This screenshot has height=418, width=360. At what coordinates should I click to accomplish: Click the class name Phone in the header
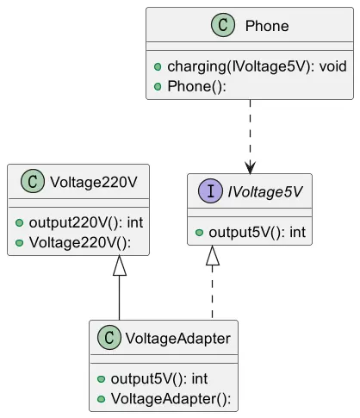pos(267,26)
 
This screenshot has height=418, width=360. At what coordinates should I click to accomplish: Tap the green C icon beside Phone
pos(223,25)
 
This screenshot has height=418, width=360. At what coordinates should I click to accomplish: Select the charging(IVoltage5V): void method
pos(257,66)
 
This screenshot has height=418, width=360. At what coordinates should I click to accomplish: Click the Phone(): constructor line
pos(196,86)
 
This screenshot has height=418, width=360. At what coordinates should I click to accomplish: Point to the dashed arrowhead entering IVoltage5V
pos(250,168)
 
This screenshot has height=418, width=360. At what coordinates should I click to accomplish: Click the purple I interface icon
pos(211,190)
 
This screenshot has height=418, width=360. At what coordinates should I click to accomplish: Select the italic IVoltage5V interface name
pos(265,191)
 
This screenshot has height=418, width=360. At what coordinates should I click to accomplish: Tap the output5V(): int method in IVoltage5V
pos(257,233)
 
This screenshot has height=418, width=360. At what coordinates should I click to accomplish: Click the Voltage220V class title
pos(94,182)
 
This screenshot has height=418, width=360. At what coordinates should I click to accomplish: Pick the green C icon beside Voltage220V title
pos(33,181)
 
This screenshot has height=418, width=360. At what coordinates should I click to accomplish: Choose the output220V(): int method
pos(86,222)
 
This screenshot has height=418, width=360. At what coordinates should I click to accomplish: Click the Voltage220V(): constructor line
pos(80,242)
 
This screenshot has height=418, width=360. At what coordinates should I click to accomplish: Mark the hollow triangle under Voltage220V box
pos(120,265)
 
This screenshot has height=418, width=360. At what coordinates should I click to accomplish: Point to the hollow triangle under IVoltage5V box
pos(213,255)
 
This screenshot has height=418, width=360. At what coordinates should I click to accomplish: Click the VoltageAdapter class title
pos(177,338)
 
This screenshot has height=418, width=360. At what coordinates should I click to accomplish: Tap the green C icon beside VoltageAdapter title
pos(109,337)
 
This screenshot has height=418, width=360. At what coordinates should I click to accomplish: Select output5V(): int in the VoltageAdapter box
pos(159,378)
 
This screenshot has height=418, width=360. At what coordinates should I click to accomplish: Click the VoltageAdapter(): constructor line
pos(171,399)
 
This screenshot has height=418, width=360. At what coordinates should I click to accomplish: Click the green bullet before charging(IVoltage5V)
pos(158,67)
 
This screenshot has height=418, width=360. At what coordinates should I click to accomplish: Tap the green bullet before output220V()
pos(19,223)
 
